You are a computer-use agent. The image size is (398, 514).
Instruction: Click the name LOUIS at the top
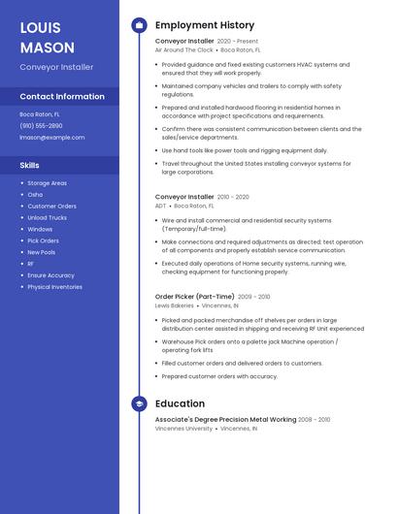[x=40, y=27]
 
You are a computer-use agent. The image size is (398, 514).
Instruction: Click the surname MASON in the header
[x=47, y=47]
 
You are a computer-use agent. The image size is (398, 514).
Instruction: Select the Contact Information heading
[x=62, y=96]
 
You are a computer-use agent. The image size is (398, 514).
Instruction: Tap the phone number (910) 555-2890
[x=41, y=125]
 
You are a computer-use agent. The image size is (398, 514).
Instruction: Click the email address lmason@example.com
[x=52, y=137]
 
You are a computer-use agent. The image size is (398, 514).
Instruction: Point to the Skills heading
[x=30, y=165]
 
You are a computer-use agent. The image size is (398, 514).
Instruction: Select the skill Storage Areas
[x=47, y=182]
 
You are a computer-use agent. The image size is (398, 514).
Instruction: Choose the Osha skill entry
[x=35, y=194]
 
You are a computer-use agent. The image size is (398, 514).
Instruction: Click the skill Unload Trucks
[x=47, y=217]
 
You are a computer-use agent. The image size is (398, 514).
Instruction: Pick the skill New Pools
[x=42, y=252]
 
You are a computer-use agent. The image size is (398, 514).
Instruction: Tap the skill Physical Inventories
[x=54, y=287]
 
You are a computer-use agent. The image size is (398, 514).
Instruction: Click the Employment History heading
[x=205, y=25]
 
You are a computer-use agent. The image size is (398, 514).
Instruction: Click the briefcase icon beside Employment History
[x=139, y=25]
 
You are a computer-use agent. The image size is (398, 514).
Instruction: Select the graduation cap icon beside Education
[x=139, y=403]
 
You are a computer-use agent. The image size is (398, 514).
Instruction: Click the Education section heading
[x=180, y=403]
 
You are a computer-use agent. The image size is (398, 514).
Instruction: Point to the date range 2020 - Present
[x=238, y=42]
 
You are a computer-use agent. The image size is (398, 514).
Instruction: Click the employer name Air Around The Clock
[x=184, y=49]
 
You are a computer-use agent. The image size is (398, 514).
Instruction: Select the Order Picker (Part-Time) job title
[x=195, y=297]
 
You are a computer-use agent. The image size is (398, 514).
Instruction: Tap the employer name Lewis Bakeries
[x=175, y=305]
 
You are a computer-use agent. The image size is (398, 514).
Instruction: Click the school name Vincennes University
[x=183, y=428]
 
